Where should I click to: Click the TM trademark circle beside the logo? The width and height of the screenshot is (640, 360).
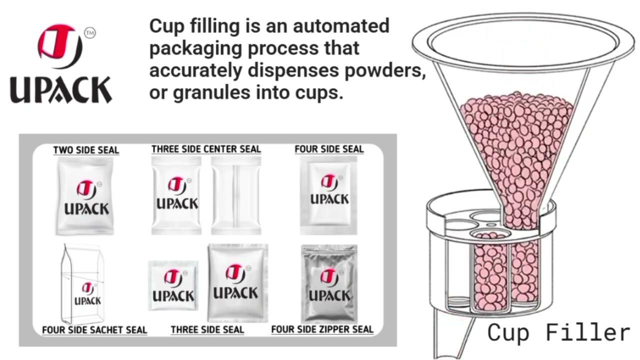90,33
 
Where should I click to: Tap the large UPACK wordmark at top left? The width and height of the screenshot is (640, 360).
61,89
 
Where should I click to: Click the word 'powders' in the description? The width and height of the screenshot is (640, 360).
385,70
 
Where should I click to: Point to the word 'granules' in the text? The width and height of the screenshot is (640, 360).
211,93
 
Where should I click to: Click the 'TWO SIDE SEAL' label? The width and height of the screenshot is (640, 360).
86,150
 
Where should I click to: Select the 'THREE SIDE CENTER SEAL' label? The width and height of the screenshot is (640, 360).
206,149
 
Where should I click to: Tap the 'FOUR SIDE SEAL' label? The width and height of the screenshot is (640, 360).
329,149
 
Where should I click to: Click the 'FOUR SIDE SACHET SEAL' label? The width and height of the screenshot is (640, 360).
94,330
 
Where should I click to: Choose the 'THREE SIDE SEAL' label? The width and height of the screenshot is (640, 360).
207,329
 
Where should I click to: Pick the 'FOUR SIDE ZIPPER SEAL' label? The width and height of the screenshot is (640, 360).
322,329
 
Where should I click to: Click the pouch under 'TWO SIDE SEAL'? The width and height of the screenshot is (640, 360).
85,196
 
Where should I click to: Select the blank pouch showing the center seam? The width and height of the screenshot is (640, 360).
236,195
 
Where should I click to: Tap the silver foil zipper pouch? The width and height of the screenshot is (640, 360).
329,284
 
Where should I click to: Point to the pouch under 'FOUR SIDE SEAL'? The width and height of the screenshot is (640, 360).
328,195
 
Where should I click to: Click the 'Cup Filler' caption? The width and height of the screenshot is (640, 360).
558,332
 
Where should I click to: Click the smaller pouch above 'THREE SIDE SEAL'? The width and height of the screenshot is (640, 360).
173,285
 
